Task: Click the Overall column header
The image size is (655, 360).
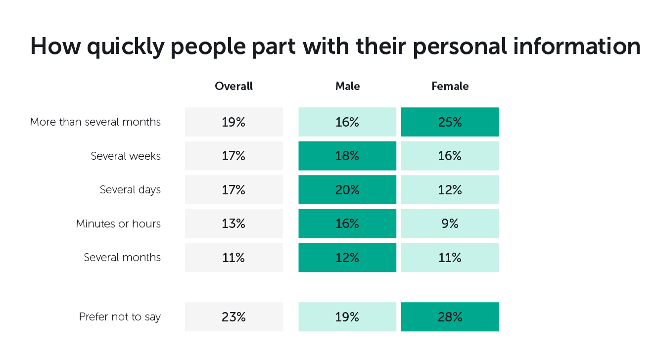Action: [x=234, y=86]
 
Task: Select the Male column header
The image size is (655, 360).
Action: [x=347, y=86]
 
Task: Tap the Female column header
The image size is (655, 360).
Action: [x=450, y=86]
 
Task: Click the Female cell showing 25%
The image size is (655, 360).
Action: [x=450, y=122]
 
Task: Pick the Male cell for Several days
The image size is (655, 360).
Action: [x=347, y=190]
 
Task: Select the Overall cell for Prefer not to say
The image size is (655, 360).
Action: [x=234, y=317]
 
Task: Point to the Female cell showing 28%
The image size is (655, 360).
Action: [x=450, y=317]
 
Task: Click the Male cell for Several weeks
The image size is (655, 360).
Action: [x=347, y=156]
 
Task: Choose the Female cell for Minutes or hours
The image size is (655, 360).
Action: [x=450, y=224]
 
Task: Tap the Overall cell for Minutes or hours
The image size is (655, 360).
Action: [x=234, y=224]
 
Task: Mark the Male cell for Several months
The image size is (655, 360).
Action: [x=347, y=258]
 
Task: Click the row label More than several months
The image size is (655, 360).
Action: [x=95, y=122]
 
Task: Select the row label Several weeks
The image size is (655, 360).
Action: [x=126, y=156]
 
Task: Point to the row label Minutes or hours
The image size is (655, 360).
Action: [x=118, y=224]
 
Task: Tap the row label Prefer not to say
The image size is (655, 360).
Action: [x=120, y=317]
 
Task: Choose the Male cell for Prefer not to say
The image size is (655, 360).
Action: [x=347, y=317]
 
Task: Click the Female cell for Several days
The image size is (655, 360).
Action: [x=450, y=190]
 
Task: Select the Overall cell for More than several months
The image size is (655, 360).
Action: [x=234, y=122]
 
